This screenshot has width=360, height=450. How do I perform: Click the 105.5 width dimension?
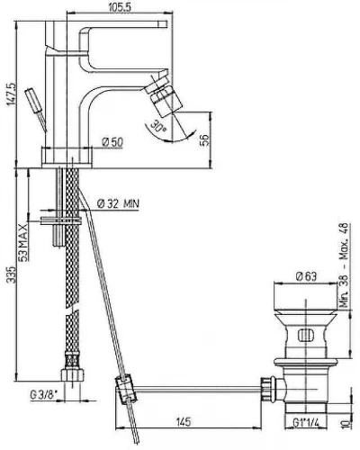tap(119, 6)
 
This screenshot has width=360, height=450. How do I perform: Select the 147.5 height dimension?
tap(11, 94)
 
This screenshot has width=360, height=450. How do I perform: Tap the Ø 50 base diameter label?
tap(112, 142)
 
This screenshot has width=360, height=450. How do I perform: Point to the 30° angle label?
tap(158, 126)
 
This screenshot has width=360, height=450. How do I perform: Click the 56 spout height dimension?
tap(203, 140)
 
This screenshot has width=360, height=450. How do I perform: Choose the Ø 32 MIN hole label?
tap(118, 204)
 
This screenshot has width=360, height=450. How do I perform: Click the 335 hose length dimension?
tap(11, 274)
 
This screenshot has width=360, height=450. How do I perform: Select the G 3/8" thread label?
tap(43, 395)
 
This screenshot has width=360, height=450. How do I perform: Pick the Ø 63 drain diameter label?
tap(306, 275)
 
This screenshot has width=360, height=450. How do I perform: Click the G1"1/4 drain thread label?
tap(305, 423)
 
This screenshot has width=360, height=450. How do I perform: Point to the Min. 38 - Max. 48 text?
tap(345, 265)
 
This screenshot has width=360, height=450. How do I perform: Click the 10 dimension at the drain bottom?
tap(346, 423)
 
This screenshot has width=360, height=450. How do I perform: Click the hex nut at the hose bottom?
tap(72, 375)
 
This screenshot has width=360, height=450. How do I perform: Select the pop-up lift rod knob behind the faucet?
tap(34, 100)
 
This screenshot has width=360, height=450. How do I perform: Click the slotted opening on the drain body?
tap(306, 335)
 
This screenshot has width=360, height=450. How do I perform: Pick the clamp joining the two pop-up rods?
tap(126, 390)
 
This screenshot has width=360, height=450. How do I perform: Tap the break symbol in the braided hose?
tap(72, 309)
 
